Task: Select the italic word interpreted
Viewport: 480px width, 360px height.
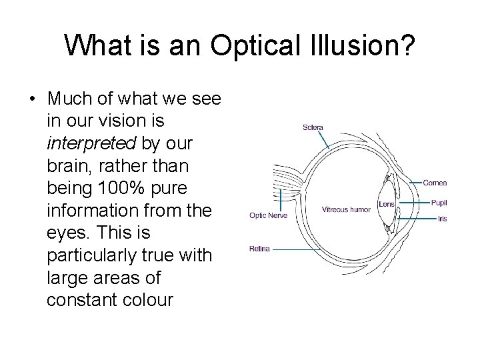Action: point(91,143)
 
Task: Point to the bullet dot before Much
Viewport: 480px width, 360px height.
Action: point(31,99)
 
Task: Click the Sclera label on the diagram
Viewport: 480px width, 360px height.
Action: point(313,127)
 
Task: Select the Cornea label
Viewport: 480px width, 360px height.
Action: point(435,183)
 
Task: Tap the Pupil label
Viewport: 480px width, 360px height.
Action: point(438,203)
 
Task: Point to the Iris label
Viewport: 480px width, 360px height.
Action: point(442,219)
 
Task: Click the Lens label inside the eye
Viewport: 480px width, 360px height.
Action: point(386,204)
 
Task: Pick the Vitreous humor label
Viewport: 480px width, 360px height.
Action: point(346,209)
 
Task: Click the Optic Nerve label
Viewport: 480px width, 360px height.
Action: point(267,215)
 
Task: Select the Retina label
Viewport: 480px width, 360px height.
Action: point(259,249)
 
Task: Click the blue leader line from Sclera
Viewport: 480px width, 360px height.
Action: point(321,139)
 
